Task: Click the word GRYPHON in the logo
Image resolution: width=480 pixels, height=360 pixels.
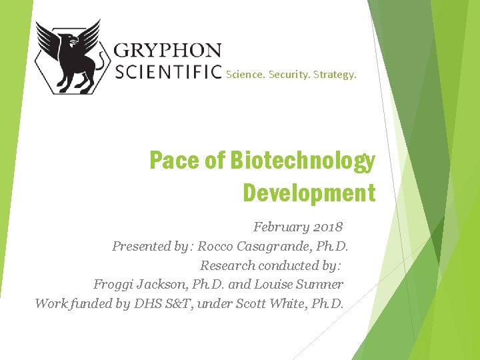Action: pyautogui.click(x=167, y=50)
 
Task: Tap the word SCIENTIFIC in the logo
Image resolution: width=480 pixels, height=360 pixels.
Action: pyautogui.click(x=169, y=71)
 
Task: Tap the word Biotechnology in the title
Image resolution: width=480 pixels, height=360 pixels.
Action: pyautogui.click(x=303, y=161)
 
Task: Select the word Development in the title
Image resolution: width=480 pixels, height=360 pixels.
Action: pyautogui.click(x=309, y=193)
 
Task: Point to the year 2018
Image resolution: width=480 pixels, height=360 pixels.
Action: pyautogui.click(x=328, y=227)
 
